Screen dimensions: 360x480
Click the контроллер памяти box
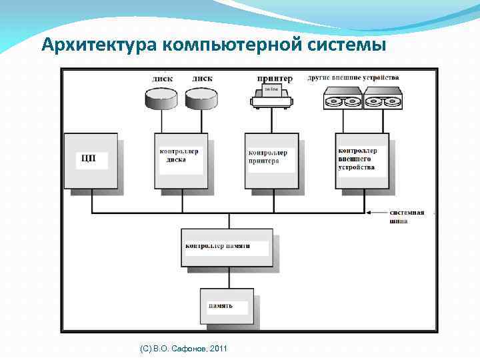click(x=227, y=247)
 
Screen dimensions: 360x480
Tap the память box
click(x=227, y=306)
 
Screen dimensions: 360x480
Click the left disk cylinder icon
click(x=161, y=99)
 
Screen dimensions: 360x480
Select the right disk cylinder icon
click(x=201, y=99)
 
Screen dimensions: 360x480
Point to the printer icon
click(x=271, y=96)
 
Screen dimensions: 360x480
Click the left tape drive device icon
click(x=343, y=101)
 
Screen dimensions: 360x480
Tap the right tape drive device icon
click(x=383, y=101)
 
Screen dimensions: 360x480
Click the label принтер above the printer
click(x=273, y=79)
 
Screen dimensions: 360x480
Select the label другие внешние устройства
click(x=353, y=77)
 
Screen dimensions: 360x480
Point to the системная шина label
click(x=406, y=217)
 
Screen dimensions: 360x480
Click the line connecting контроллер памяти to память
click(x=227, y=277)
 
